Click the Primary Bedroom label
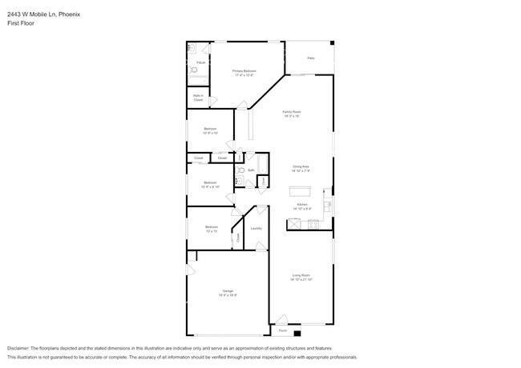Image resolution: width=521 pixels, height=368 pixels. coord(244,70)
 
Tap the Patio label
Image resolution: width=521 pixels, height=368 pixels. coord(310,58)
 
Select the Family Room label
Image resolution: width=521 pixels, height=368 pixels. coord(291,111)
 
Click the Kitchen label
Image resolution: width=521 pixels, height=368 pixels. coord(302,205)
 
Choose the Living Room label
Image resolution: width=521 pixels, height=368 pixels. coord(301,275)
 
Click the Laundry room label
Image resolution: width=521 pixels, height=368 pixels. coord(256,229)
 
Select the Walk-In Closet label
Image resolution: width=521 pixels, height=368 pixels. coord(197,98)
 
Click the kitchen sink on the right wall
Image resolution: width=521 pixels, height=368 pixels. coord(328,206)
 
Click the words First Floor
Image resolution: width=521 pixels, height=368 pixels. coord(20,23)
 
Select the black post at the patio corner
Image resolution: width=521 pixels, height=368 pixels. coord(333,43)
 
